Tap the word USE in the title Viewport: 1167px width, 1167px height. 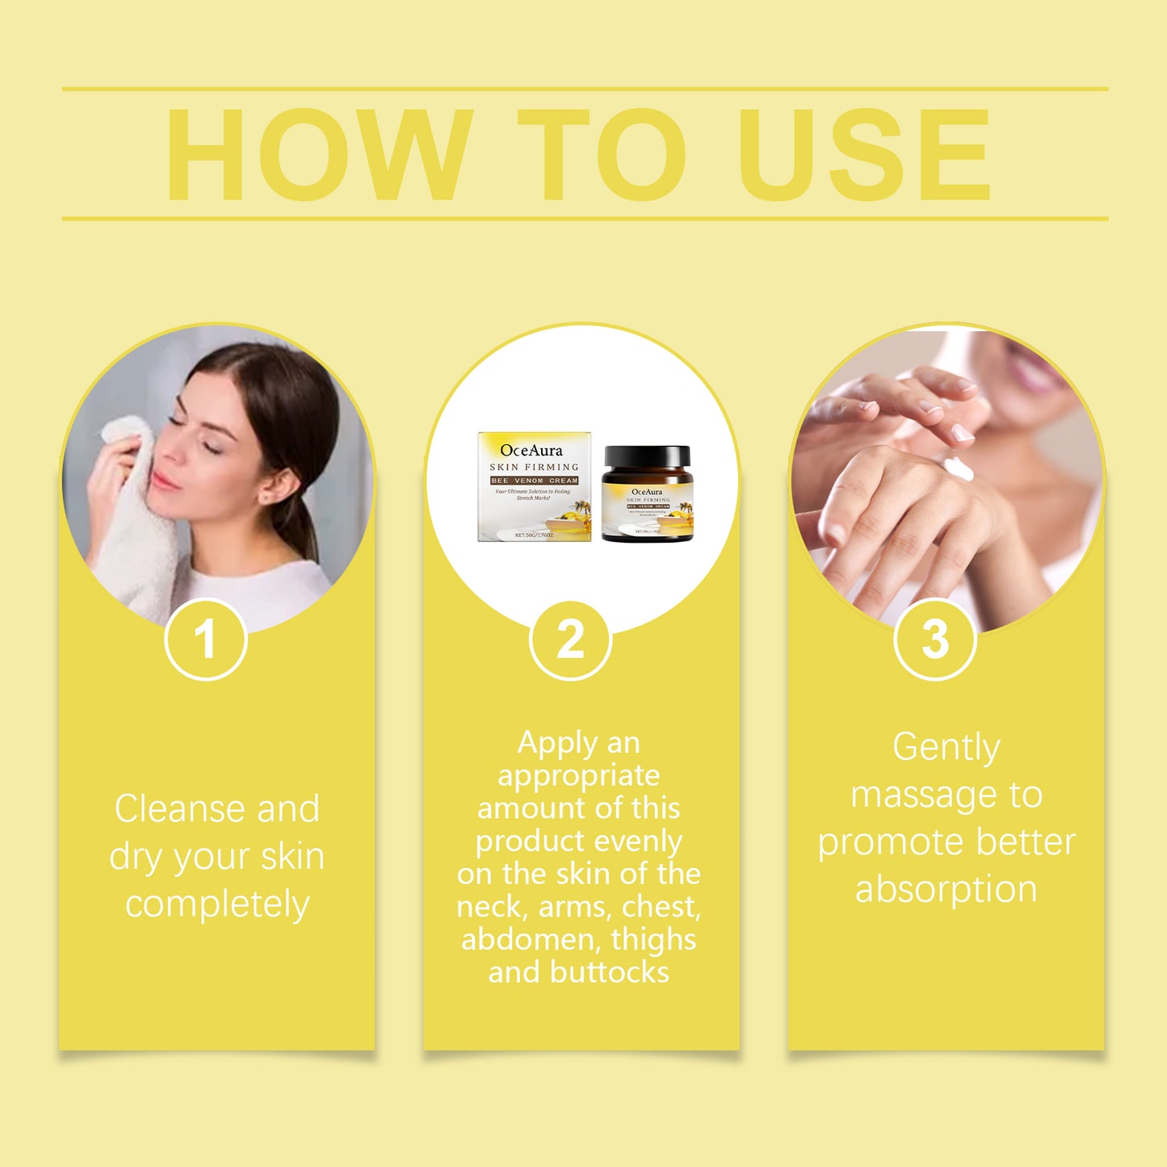864,154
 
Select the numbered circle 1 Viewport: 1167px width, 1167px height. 205,640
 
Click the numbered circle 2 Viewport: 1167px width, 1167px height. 570,640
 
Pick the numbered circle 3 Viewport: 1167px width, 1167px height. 935,640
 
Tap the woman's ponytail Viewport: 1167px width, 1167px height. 303,525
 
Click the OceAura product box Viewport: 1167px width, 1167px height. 534,487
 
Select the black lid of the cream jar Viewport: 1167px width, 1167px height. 647,457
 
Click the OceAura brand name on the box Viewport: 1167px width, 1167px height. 531,451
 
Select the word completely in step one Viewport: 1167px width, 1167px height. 217,905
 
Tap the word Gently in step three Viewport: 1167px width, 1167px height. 946,747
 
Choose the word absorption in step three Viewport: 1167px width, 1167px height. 946,889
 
